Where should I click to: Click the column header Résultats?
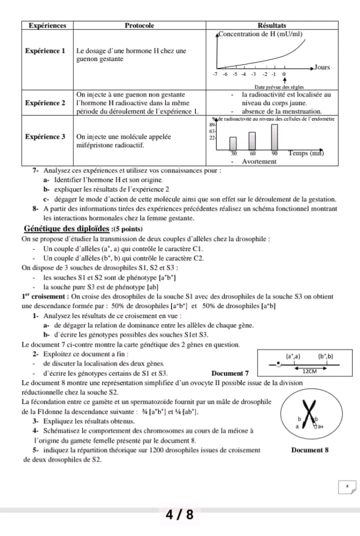271,25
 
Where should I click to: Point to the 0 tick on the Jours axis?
284,74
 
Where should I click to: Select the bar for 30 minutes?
233,143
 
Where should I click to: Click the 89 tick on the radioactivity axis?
211,125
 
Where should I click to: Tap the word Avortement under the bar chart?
259,161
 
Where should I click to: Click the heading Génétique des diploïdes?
66,229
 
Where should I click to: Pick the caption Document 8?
309,449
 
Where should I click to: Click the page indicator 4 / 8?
179,514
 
